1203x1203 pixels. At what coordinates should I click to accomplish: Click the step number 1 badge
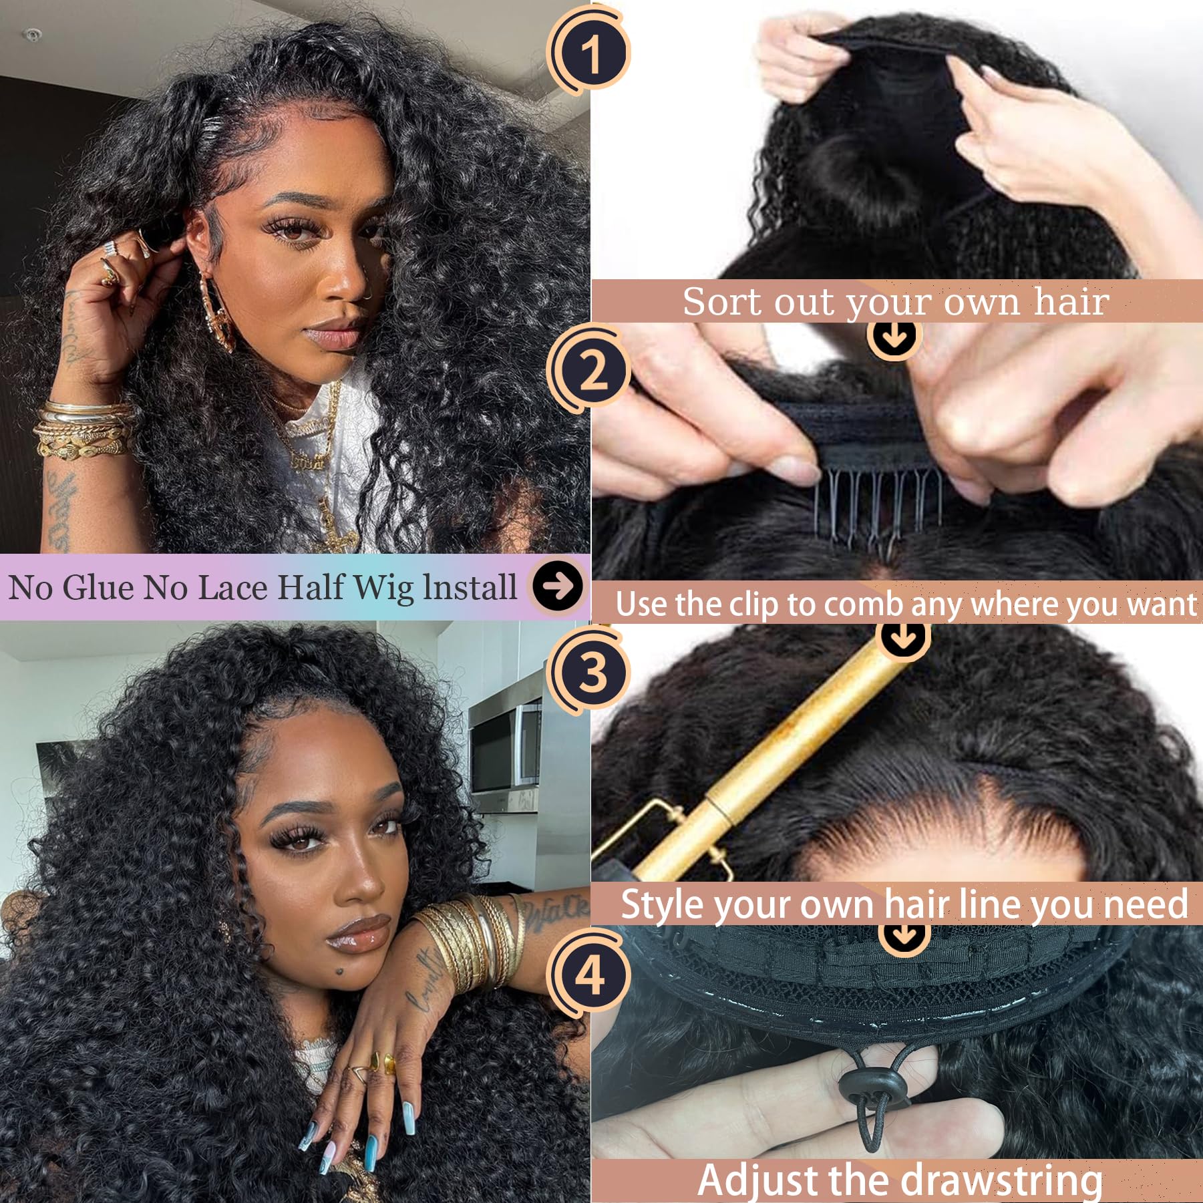click(589, 53)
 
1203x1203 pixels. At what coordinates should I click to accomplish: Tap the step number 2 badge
click(589, 369)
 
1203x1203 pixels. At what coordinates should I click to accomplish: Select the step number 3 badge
click(589, 671)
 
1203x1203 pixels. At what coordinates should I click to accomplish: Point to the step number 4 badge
click(589, 975)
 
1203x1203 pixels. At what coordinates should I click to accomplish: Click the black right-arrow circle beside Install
click(558, 586)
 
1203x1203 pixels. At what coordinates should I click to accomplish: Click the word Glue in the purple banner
click(100, 587)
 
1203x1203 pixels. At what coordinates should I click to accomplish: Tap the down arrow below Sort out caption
click(895, 337)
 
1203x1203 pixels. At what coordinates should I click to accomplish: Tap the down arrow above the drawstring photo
click(903, 934)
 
